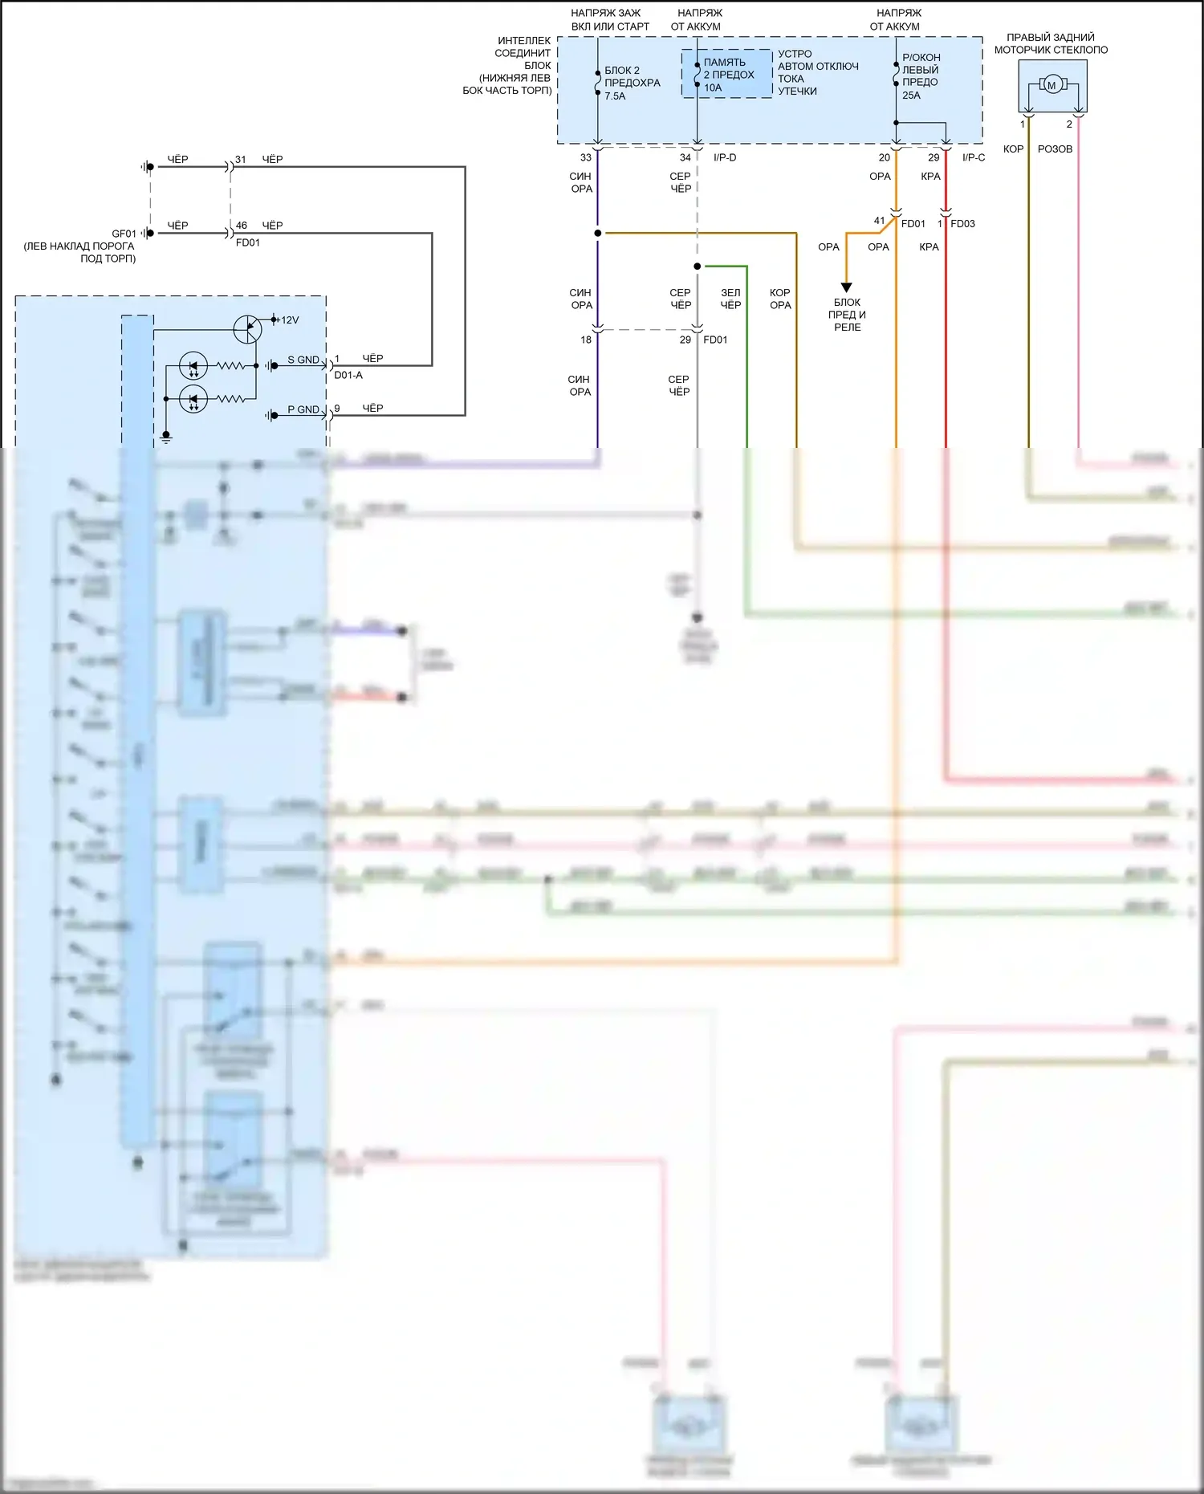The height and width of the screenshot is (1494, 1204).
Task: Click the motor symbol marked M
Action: pos(1051,85)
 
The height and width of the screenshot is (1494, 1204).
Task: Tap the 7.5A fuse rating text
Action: pos(615,96)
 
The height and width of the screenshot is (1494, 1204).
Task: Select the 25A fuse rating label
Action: pos(911,96)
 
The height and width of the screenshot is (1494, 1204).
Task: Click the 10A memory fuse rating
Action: pos(713,88)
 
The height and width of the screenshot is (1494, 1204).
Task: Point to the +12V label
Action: pos(287,320)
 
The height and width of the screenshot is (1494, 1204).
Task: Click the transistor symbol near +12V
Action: pos(247,328)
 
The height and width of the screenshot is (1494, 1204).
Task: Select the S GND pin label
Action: pos(303,360)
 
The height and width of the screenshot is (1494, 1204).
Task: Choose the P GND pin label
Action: pos(303,409)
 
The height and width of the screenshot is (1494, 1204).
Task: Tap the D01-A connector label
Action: pos(348,375)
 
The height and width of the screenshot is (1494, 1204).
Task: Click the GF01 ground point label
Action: pos(124,234)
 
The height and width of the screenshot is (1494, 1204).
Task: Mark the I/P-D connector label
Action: pos(725,157)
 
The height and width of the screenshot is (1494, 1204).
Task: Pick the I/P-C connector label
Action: pos(974,157)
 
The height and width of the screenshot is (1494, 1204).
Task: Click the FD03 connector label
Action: pos(962,224)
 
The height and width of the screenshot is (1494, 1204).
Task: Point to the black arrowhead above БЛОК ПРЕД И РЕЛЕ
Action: pos(846,287)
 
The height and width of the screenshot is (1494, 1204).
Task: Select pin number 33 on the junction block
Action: pos(586,157)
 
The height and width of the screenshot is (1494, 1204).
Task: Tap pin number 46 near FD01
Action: pos(242,226)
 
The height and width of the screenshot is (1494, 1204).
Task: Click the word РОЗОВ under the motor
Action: pos(1055,149)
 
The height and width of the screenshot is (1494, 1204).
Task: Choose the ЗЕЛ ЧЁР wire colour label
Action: pos(730,299)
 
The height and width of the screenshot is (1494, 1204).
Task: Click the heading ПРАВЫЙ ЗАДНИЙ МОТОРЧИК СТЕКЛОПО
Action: pos(1051,43)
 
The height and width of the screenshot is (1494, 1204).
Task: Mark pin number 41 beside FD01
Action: pos(879,221)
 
